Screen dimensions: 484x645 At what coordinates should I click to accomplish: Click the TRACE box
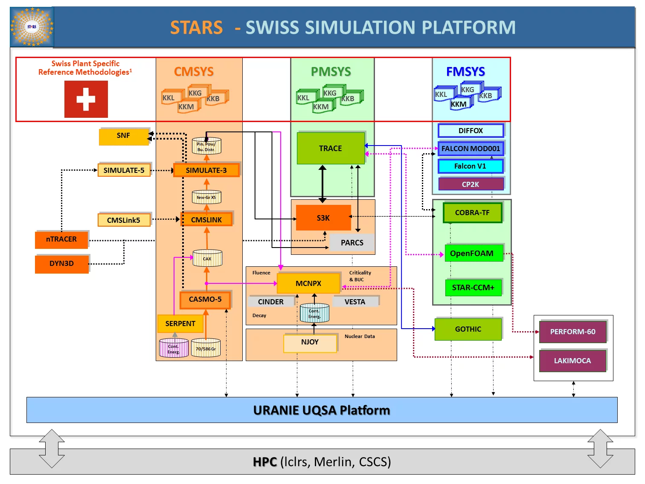(x=331, y=149)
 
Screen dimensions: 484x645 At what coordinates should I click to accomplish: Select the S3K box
(x=323, y=218)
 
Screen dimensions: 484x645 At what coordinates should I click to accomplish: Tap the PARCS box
(x=352, y=243)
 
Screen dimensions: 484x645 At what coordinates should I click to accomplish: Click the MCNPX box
(x=308, y=283)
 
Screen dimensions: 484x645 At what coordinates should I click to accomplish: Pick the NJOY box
(x=310, y=342)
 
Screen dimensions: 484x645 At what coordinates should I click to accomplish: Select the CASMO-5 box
(x=205, y=300)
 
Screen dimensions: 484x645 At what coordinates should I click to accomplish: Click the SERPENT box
(x=180, y=324)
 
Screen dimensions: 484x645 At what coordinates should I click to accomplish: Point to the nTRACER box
(x=61, y=239)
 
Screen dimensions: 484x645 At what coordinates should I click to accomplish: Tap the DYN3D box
(x=61, y=264)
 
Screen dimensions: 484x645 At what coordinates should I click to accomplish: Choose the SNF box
(x=123, y=136)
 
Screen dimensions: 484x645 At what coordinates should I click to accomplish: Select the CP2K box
(x=471, y=184)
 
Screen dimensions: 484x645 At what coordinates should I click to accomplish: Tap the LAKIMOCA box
(x=572, y=361)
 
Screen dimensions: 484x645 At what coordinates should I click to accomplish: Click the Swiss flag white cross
(x=86, y=99)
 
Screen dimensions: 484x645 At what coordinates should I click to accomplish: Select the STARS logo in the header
(x=32, y=27)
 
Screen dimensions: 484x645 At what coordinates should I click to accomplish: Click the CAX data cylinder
(x=207, y=258)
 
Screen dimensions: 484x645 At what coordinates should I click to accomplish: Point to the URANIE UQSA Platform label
(x=322, y=410)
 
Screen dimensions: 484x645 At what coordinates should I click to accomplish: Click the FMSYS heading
(x=465, y=72)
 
